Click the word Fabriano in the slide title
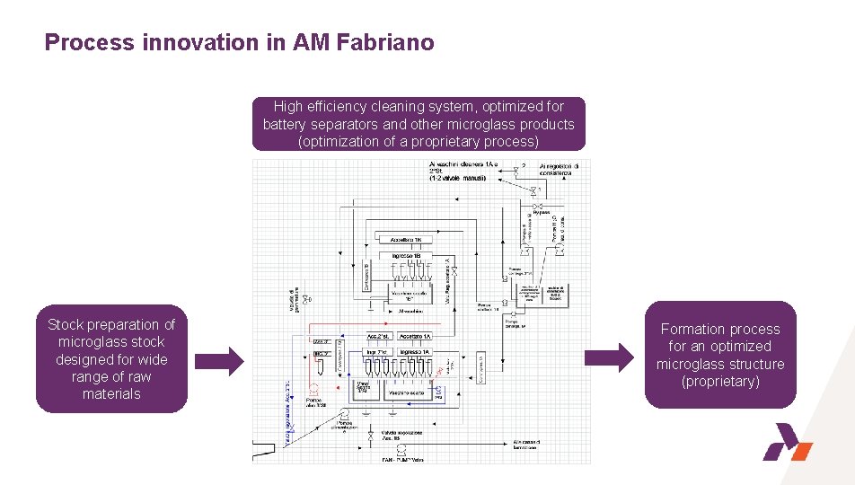(x=389, y=42)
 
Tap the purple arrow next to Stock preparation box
(x=219, y=362)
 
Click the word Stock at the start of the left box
(x=68, y=324)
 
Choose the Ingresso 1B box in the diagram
(x=407, y=256)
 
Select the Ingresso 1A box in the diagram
(x=416, y=351)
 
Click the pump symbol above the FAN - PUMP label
(x=401, y=447)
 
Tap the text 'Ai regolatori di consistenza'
(x=565, y=171)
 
